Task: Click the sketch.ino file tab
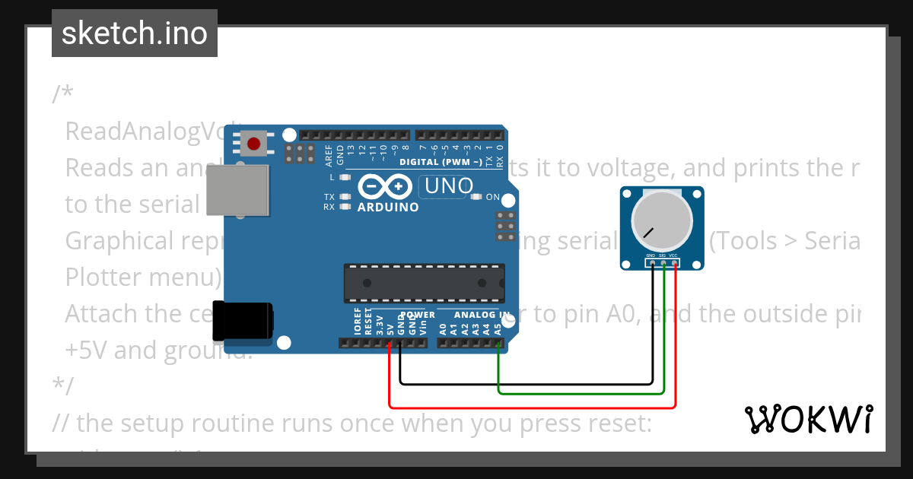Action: pyautogui.click(x=135, y=33)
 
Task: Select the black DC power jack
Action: pyautogui.click(x=242, y=321)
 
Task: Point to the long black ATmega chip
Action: pyautogui.click(x=424, y=282)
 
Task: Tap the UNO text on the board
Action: pyautogui.click(x=449, y=186)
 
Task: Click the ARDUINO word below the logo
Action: pyautogui.click(x=387, y=208)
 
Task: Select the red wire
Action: pyautogui.click(x=533, y=408)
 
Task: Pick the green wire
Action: pyautogui.click(x=578, y=393)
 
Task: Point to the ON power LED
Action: pyautogui.click(x=476, y=197)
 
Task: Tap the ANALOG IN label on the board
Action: pyautogui.click(x=482, y=315)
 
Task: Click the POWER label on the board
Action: pyautogui.click(x=418, y=315)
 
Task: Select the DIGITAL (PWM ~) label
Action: pyautogui.click(x=440, y=162)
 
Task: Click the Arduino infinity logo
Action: pyautogui.click(x=383, y=186)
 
